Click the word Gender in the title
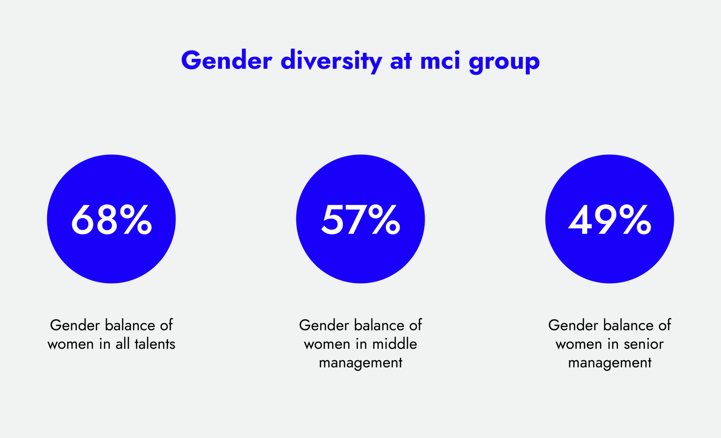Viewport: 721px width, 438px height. pos(226,60)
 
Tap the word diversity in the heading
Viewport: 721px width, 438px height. pos(331,60)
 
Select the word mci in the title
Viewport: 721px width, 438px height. pos(440,60)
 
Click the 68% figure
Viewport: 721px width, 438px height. pos(112,220)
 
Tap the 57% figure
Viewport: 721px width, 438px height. pos(360,220)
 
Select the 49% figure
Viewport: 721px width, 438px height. pos(609,220)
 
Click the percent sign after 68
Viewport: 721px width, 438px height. pos(136,220)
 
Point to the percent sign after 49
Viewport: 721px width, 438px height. pos(635,220)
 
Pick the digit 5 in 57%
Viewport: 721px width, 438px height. pos(332,220)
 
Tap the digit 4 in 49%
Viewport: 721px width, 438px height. pos(580,220)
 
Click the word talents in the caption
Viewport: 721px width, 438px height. pos(155,344)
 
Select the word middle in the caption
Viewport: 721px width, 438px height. pos(395,344)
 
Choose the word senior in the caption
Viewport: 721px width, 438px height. pos(644,344)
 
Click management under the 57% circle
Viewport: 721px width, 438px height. pos(360,363)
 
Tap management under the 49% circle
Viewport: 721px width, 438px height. pos(609,363)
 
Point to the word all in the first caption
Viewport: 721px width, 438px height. pos(123,344)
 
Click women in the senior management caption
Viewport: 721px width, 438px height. pos(579,344)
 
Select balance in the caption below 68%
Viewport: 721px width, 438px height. pos(130,325)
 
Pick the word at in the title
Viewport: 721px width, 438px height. pos(401,60)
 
